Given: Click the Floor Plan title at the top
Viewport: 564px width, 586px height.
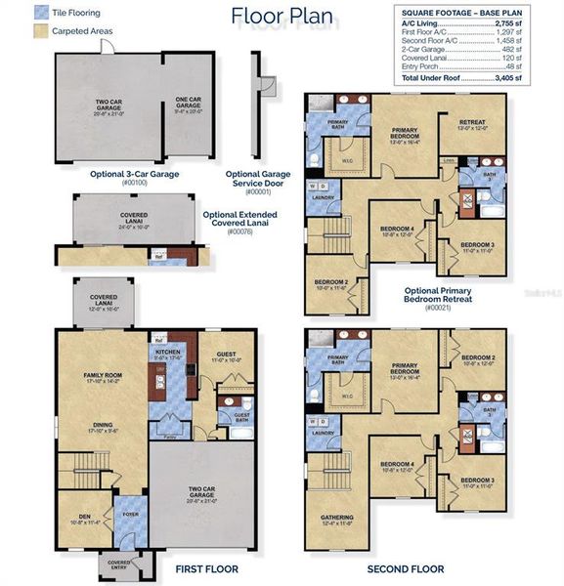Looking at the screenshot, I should [x=282, y=17].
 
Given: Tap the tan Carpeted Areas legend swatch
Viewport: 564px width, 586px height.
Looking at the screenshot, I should [x=13, y=31].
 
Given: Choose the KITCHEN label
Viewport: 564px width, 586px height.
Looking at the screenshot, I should [x=166, y=353].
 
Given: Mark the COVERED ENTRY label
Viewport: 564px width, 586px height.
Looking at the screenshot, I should [x=118, y=565].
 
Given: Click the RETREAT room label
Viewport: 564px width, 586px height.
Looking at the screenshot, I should [x=472, y=124].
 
